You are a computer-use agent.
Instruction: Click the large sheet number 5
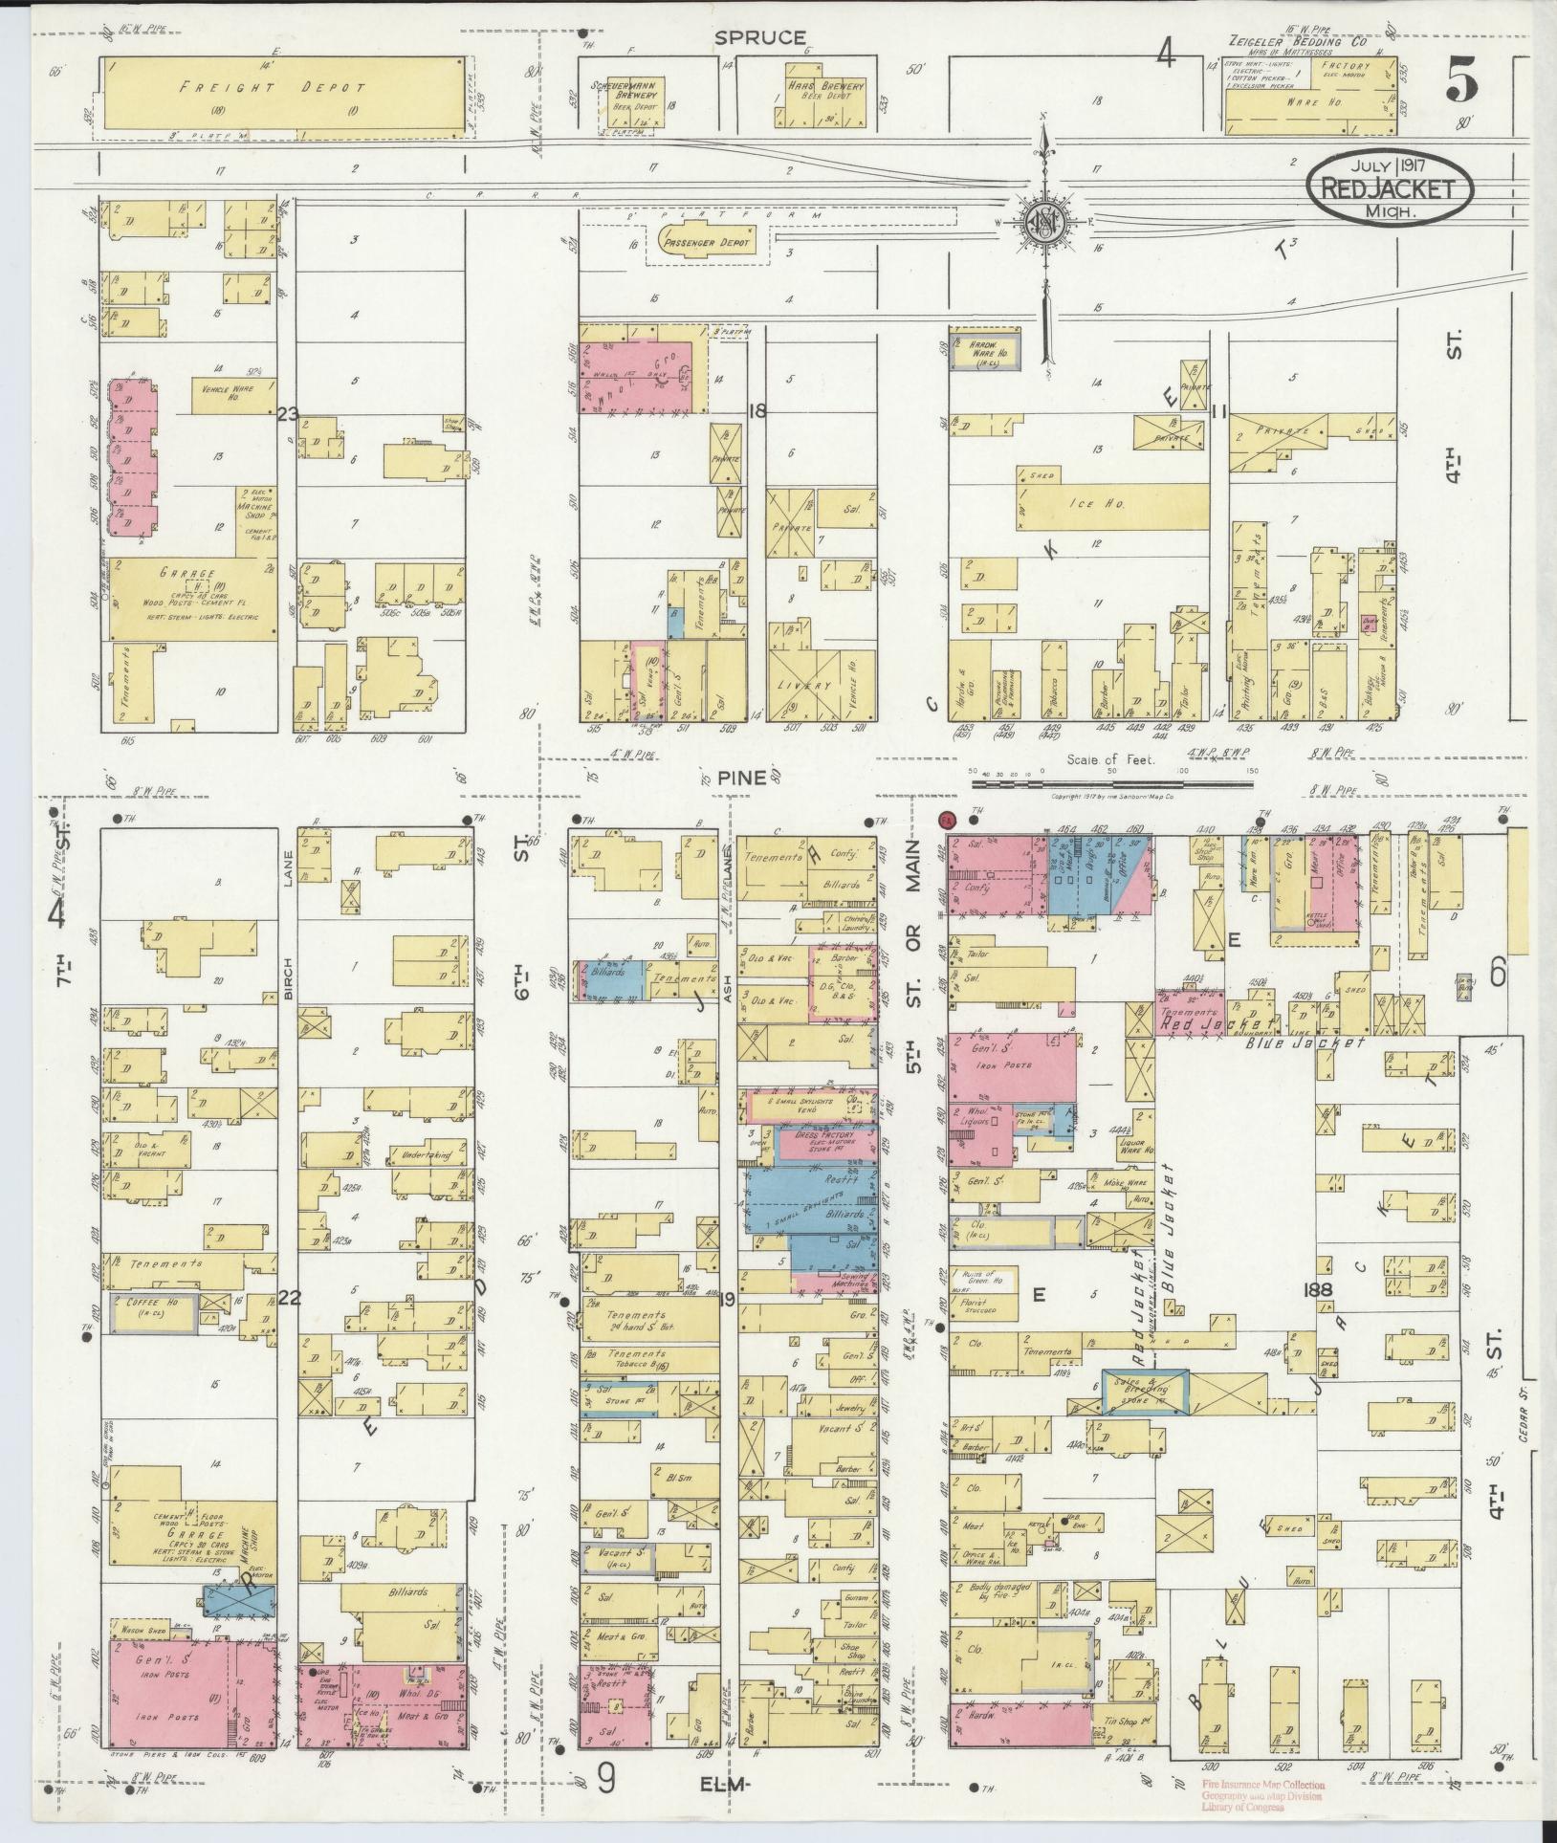click(1460, 78)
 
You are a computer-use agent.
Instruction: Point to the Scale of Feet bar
click(1111, 783)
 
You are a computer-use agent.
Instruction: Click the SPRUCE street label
click(759, 37)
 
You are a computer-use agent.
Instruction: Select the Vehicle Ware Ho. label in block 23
click(228, 391)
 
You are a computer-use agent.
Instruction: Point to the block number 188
click(1323, 1290)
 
